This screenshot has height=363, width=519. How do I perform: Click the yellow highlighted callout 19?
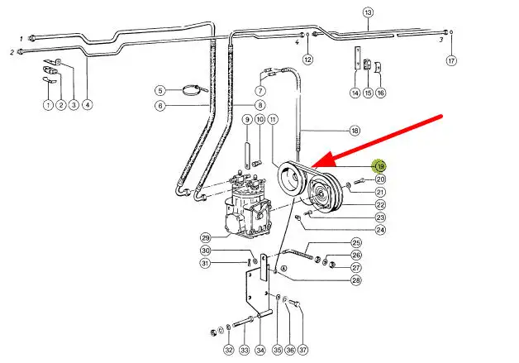[x=380, y=166]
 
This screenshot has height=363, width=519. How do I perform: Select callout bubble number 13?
[x=369, y=12]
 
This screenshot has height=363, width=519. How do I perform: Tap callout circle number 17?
[x=450, y=60]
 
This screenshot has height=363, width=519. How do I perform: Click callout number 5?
[x=161, y=90]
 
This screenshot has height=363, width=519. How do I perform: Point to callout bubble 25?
[x=356, y=243]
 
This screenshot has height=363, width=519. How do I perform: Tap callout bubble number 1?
[x=49, y=105]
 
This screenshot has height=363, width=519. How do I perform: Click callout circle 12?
[x=307, y=60]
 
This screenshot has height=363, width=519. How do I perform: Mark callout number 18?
[x=355, y=131]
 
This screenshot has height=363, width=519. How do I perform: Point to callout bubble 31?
[x=205, y=264]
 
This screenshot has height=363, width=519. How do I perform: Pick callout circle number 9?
[x=246, y=120]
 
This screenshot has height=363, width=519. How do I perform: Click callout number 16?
[x=380, y=93]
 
